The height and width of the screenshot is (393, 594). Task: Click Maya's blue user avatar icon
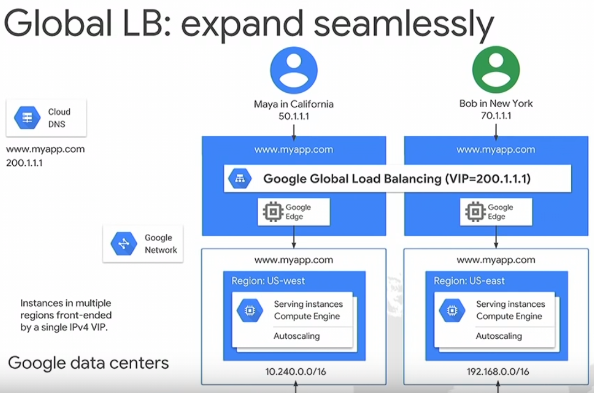(293, 70)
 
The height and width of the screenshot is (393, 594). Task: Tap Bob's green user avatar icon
(495, 70)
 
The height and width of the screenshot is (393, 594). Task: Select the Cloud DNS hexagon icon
(27, 118)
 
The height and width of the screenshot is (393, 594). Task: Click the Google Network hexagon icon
(123, 244)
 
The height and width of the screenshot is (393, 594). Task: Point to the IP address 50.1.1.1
(293, 116)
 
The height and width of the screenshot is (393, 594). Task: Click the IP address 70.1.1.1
(496, 116)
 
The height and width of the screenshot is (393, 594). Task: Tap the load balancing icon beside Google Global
(240, 179)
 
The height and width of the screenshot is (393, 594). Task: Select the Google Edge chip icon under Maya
(272, 212)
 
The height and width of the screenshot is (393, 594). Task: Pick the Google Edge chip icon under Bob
(474, 212)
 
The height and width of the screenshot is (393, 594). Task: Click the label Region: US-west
(268, 281)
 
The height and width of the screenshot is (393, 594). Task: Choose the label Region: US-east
(469, 281)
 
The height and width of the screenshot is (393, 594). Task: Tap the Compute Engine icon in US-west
(250, 310)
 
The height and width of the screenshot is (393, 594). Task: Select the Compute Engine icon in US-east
(452, 310)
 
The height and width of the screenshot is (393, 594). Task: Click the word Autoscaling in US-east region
(499, 336)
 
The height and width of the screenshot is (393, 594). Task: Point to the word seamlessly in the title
(397, 24)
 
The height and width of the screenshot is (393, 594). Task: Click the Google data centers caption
(89, 363)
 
